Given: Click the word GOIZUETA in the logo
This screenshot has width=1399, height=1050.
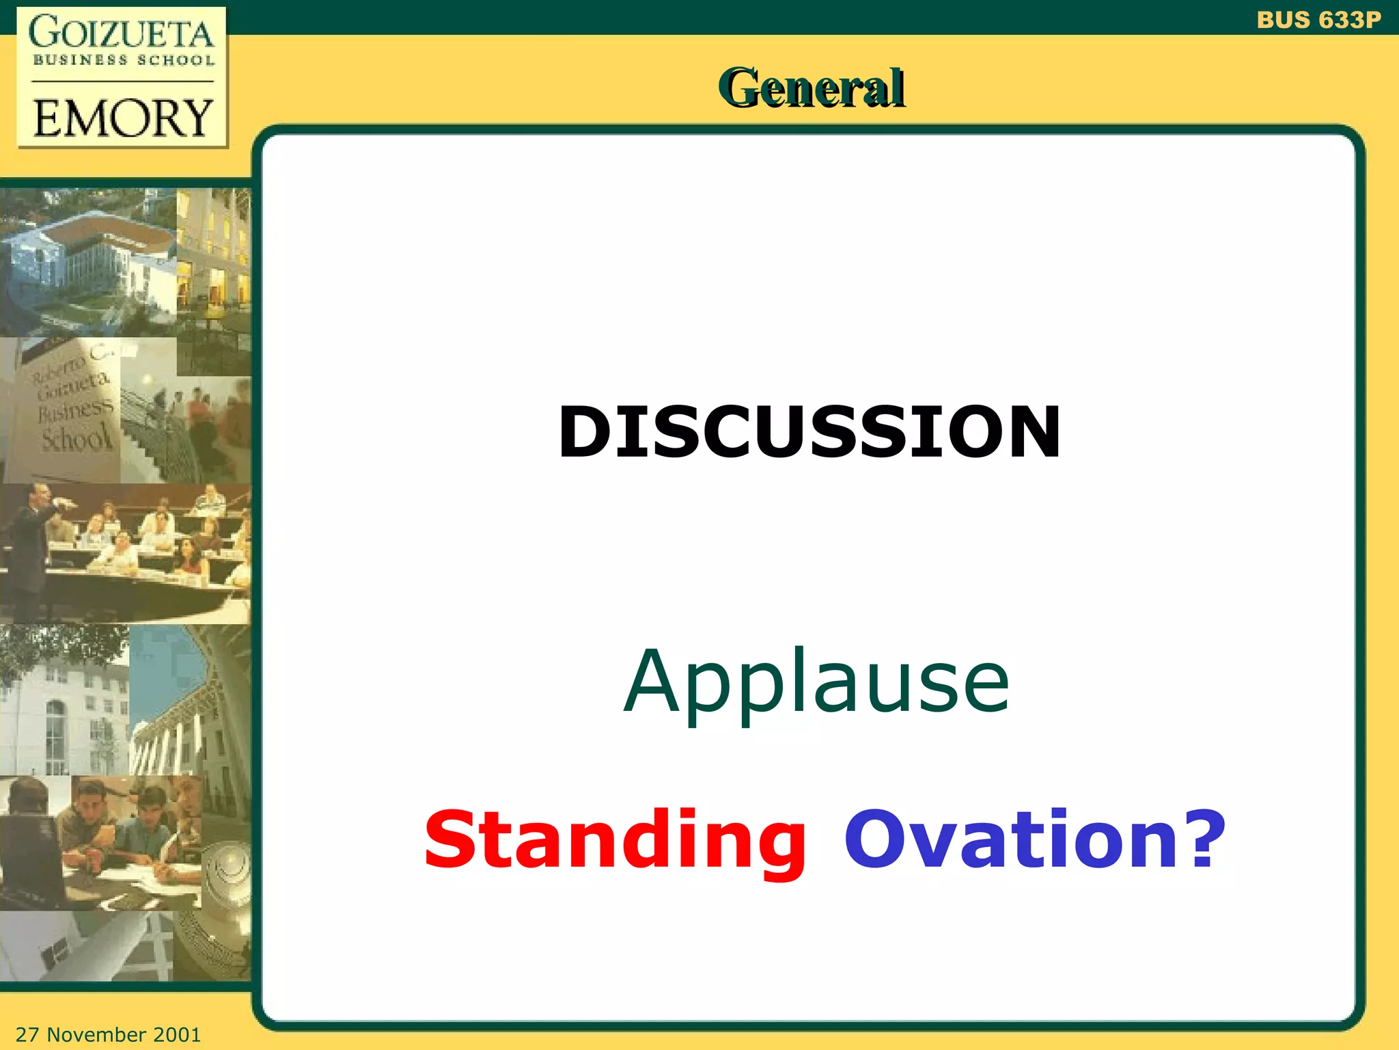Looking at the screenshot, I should (x=122, y=33).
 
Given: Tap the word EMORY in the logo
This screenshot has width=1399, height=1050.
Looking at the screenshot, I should (x=123, y=118).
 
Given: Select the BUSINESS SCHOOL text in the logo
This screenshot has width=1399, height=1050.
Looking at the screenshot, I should (x=124, y=60).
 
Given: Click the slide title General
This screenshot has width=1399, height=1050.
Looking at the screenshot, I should (x=812, y=88).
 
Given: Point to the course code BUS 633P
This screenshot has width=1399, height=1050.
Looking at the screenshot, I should (x=1318, y=20).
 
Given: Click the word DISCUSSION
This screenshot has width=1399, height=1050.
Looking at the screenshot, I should (x=810, y=432).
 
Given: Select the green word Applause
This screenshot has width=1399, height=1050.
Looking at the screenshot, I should (x=816, y=682).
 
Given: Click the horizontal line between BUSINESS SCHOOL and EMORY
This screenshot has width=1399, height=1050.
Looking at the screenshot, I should (x=123, y=81).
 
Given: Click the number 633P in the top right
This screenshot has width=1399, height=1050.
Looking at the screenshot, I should (x=1349, y=20).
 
